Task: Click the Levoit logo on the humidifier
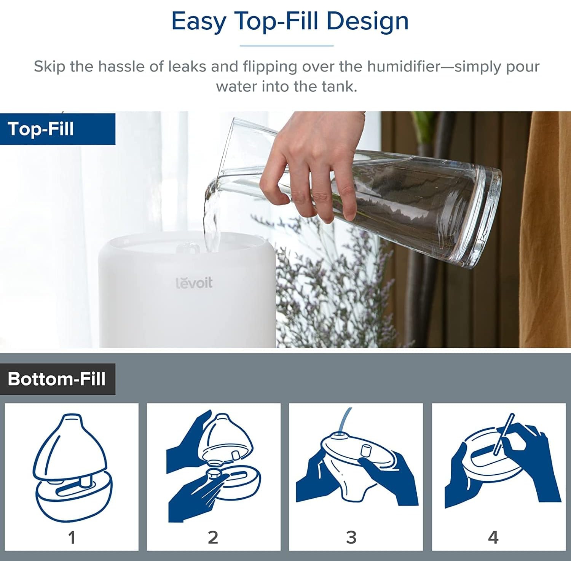194,282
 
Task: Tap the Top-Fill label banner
57,129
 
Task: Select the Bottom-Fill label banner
57,379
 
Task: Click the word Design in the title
367,21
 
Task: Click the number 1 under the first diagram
72,538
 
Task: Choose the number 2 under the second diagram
213,538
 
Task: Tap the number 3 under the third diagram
351,538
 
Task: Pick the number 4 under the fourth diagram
493,538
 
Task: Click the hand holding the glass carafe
308,171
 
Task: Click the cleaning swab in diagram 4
504,434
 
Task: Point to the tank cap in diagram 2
214,474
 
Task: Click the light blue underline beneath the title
287,46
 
